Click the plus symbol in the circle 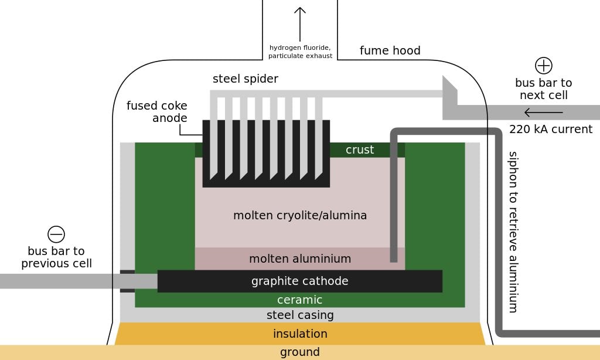[x=544, y=65]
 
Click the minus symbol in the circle [x=56, y=235]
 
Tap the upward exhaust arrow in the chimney [x=300, y=23]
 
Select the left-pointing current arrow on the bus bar [x=543, y=113]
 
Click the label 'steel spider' [x=245, y=79]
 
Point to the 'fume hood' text [x=390, y=50]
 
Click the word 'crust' [x=360, y=150]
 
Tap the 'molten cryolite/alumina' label [x=300, y=215]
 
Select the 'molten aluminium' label [x=300, y=259]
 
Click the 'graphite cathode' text [x=300, y=281]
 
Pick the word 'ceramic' [x=300, y=300]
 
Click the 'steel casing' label [x=300, y=315]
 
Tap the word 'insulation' [x=300, y=334]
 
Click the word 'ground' [x=300, y=352]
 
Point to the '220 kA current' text [x=551, y=129]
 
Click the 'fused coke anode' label [x=157, y=112]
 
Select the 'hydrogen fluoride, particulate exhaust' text [x=300, y=52]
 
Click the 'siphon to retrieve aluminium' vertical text [x=513, y=232]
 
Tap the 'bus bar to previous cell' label [x=56, y=257]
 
